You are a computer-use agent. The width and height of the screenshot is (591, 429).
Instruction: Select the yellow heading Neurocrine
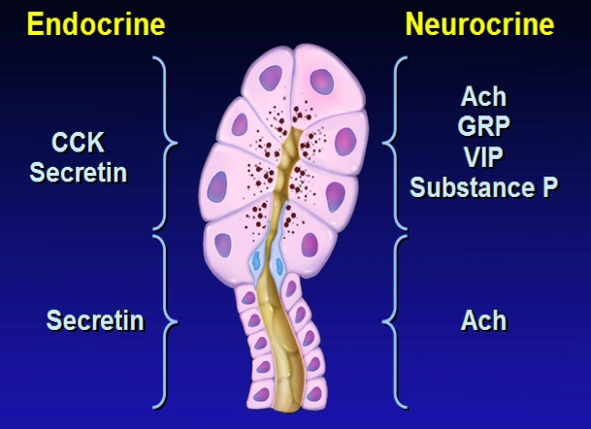pos(479,24)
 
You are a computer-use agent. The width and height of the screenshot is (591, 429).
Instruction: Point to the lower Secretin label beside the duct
pos(95,319)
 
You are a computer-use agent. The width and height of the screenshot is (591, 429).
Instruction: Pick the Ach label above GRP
pos(484,97)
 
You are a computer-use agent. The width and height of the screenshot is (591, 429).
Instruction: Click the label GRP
pos(484,127)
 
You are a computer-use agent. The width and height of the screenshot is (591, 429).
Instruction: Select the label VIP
pos(484,157)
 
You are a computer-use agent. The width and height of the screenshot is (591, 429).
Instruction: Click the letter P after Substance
pos(549,187)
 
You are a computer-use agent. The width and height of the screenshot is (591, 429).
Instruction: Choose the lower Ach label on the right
pos(484,319)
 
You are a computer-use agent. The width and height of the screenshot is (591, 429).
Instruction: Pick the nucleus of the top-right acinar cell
pos(321,81)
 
